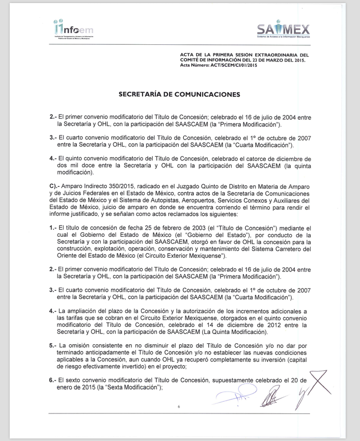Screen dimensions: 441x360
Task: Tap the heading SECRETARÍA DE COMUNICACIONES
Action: coord(179,94)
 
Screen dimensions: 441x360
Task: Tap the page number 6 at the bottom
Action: coord(179,407)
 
